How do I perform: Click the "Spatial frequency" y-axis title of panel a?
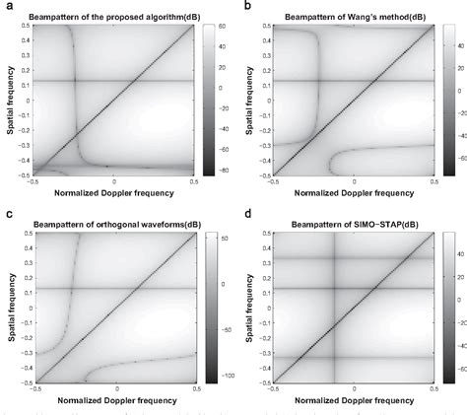coord(6,97)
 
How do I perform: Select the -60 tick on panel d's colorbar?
coord(461,376)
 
